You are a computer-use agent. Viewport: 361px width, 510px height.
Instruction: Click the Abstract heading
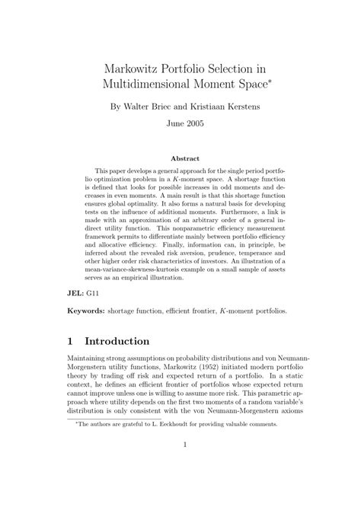click(180, 159)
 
